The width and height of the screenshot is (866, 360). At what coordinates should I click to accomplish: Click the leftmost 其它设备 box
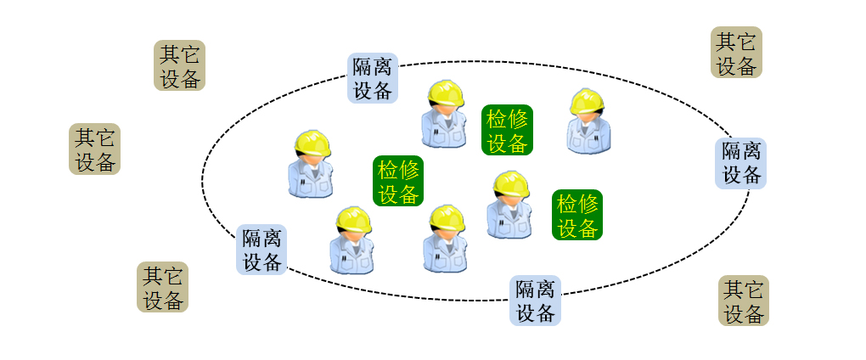(94, 149)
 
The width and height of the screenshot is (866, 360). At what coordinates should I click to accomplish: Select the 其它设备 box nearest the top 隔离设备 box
(180, 66)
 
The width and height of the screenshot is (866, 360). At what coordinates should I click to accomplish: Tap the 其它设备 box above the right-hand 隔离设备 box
(736, 53)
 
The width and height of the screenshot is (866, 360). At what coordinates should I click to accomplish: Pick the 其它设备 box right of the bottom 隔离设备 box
(744, 301)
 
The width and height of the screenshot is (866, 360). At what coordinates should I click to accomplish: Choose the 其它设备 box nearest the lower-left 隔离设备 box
(162, 287)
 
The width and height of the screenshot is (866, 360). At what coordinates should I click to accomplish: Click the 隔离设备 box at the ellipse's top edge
(373, 79)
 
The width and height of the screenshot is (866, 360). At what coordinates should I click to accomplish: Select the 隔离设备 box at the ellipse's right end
(740, 163)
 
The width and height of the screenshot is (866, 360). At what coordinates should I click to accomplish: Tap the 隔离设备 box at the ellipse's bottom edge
(535, 301)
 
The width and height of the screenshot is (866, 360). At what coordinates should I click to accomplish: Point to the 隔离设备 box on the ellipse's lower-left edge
(261, 250)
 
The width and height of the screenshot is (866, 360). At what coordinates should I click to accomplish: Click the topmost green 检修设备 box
(507, 130)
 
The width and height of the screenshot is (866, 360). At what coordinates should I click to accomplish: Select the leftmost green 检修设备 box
(398, 181)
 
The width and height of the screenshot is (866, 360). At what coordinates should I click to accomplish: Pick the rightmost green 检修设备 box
(577, 215)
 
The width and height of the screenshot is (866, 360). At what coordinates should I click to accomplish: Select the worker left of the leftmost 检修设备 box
(311, 165)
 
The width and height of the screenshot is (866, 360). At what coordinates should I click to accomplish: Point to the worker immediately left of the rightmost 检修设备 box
(509, 205)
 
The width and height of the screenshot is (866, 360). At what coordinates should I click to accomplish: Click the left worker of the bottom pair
(352, 241)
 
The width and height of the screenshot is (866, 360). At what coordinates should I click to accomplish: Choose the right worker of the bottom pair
(446, 239)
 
